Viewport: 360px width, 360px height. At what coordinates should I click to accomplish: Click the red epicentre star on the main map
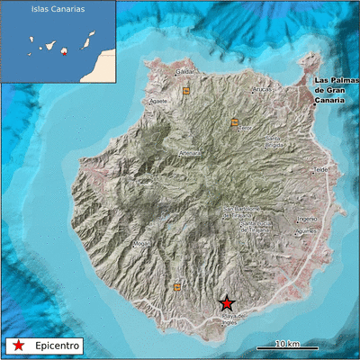click(x=228, y=304)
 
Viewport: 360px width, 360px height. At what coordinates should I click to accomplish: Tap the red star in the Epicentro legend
click(x=15, y=345)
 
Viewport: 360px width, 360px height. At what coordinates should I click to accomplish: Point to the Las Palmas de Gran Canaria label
click(x=337, y=88)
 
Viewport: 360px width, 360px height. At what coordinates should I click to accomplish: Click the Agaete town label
click(x=159, y=102)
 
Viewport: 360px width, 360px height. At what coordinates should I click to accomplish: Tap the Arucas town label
click(x=262, y=90)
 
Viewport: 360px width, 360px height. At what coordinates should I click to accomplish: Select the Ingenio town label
click(x=307, y=219)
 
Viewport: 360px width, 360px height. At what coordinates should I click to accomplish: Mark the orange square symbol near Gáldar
click(x=186, y=91)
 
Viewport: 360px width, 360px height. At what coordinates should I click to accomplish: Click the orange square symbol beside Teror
click(x=236, y=121)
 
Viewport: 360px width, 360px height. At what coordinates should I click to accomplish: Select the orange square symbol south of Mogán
click(x=177, y=287)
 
